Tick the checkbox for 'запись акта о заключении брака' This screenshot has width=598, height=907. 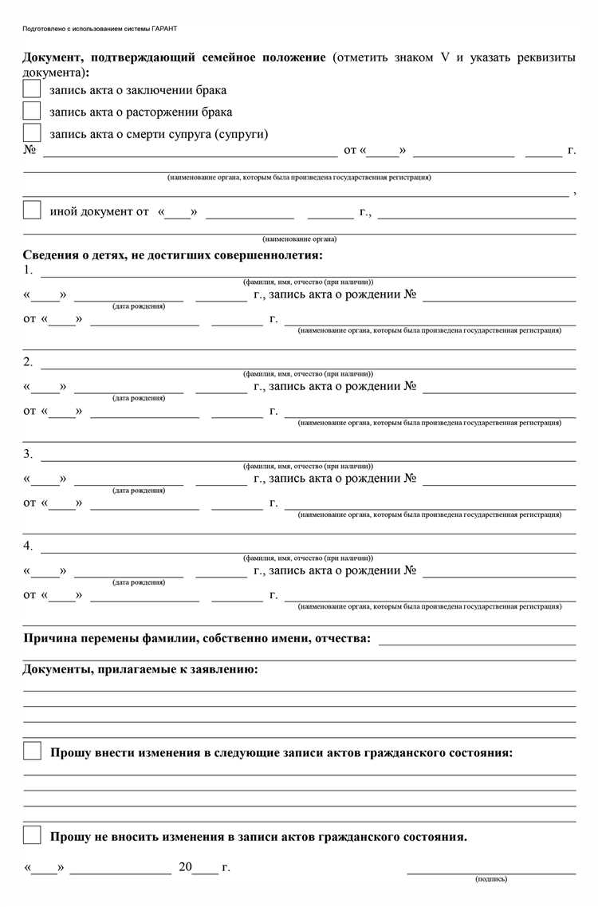click(32, 89)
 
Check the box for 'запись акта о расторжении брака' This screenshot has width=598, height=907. click(32, 111)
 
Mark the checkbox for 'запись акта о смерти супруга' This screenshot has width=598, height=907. click(32, 132)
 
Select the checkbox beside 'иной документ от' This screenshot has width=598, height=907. click(32, 211)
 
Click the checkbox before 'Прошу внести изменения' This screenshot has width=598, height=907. click(32, 751)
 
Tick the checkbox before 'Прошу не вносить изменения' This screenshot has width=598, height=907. click(32, 836)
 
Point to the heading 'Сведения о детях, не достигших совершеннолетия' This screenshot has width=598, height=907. click(173, 255)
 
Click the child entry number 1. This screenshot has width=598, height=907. click(28, 270)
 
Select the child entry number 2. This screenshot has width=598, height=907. click(28, 362)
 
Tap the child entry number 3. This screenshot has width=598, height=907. click(28, 454)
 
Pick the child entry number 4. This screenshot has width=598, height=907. click(28, 546)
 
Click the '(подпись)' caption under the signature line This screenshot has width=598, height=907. click(490, 879)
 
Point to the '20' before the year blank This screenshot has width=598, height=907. click(185, 866)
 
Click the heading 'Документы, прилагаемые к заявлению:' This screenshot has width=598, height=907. click(140, 668)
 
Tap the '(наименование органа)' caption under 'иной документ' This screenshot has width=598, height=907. click(299, 239)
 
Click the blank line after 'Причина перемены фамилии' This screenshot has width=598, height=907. click(477, 638)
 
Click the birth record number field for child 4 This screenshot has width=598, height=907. click(499, 573)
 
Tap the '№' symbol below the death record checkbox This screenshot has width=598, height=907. click(30, 149)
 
